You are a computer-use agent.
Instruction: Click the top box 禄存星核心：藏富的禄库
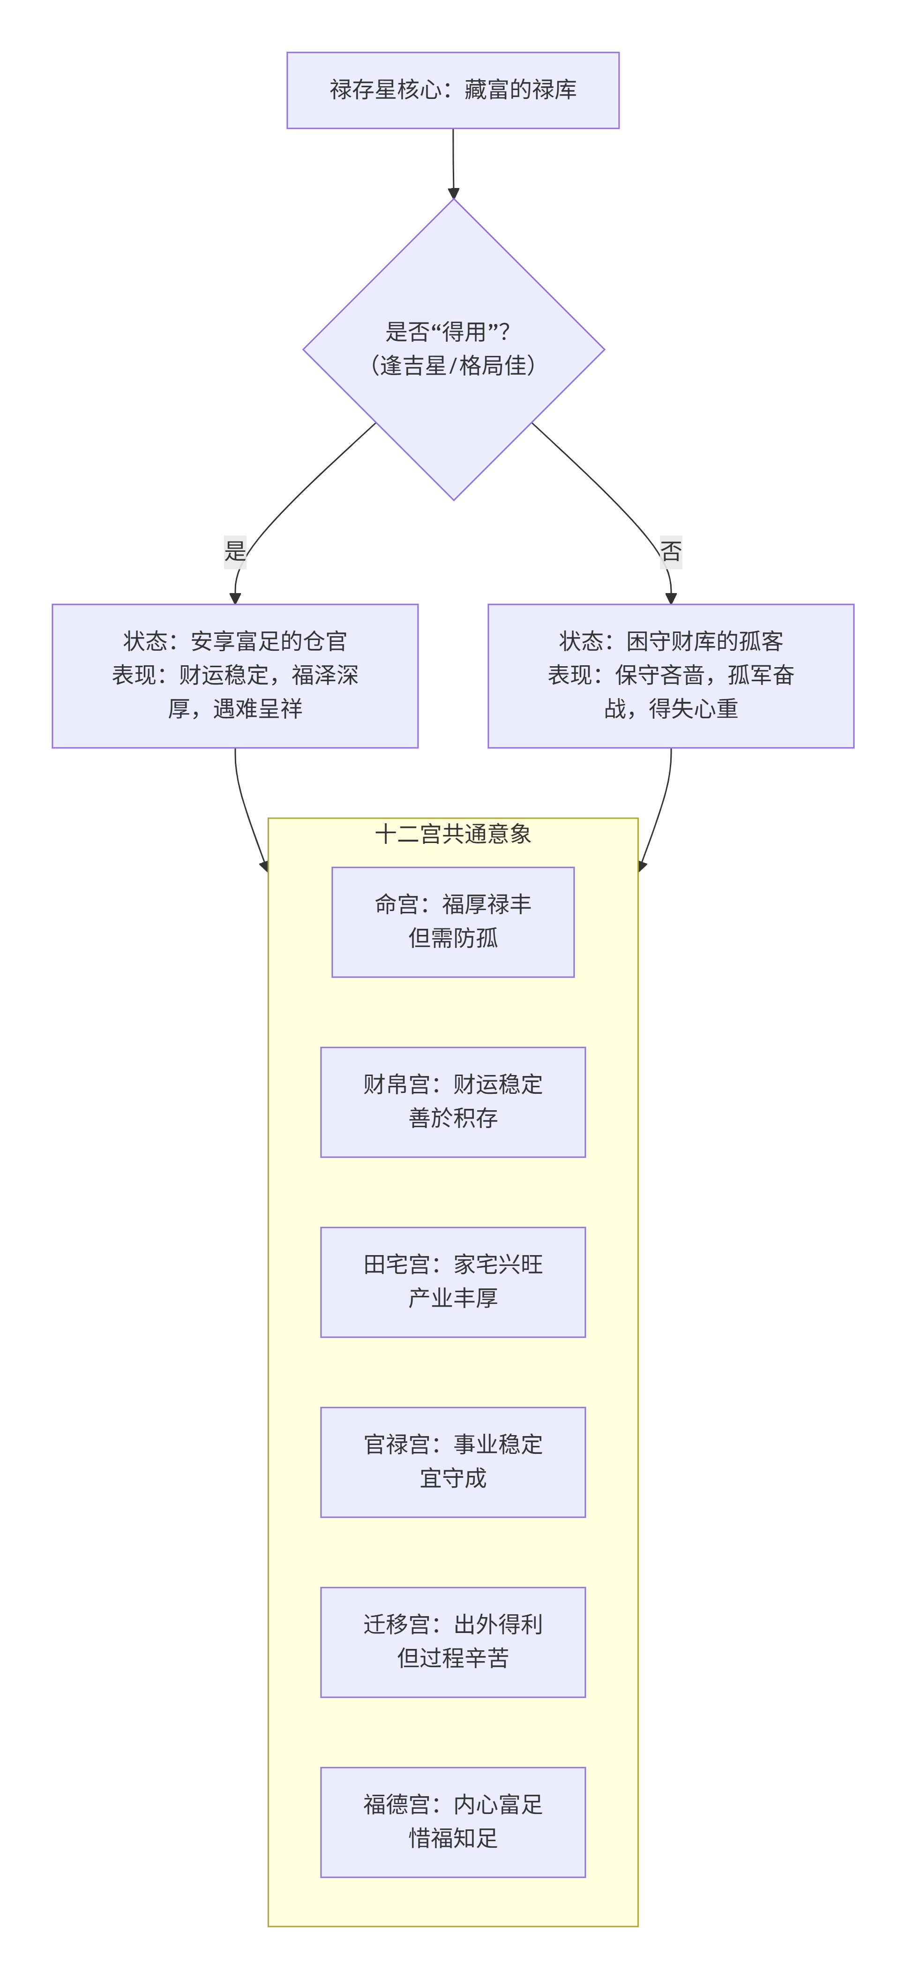453,90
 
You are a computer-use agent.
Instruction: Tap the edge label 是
235,551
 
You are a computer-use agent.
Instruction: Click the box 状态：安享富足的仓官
235,675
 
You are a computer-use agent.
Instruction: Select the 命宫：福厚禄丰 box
453,921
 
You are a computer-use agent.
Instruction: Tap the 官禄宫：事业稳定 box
453,1461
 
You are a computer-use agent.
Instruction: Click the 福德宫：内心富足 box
453,1821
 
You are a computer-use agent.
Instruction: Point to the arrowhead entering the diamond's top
454,194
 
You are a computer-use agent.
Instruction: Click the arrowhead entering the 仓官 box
235,598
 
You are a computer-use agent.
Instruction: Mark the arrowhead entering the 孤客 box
671,598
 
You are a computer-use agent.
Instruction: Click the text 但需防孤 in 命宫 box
453,938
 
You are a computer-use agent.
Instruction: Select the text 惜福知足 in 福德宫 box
453,1838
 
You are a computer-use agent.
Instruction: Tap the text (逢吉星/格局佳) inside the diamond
453,366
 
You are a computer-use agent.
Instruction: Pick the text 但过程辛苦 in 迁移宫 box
453,1658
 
